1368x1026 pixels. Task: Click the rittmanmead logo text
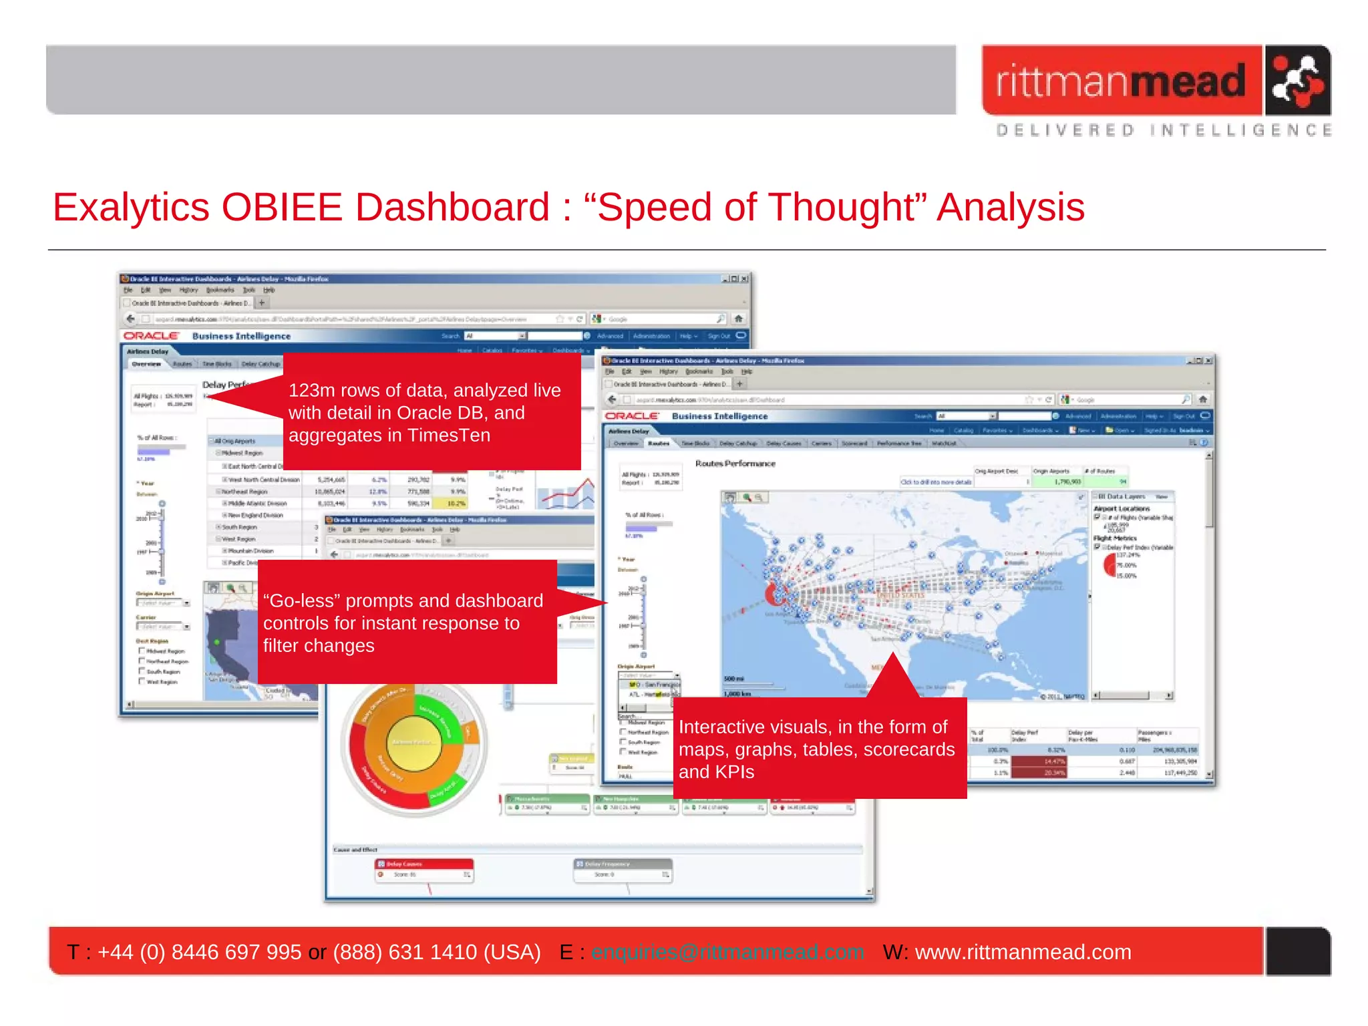pyautogui.click(x=1121, y=81)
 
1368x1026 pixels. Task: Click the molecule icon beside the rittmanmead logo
pyautogui.click(x=1297, y=81)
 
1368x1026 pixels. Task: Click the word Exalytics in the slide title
pyautogui.click(x=131, y=207)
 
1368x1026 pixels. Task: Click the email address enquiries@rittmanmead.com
pyautogui.click(x=727, y=952)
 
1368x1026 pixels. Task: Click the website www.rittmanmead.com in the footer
pyautogui.click(x=1023, y=952)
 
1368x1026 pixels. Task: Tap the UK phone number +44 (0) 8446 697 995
pyautogui.click(x=199, y=952)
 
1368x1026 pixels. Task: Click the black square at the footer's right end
pyautogui.click(x=1297, y=951)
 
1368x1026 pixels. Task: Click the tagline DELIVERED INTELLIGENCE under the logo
pyautogui.click(x=1163, y=130)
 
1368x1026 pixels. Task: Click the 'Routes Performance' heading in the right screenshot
pyautogui.click(x=735, y=464)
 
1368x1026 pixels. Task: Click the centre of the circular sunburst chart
pyautogui.click(x=414, y=743)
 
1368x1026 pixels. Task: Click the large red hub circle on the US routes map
pyautogui.click(x=776, y=593)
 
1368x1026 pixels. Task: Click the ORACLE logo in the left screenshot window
pyautogui.click(x=151, y=336)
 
